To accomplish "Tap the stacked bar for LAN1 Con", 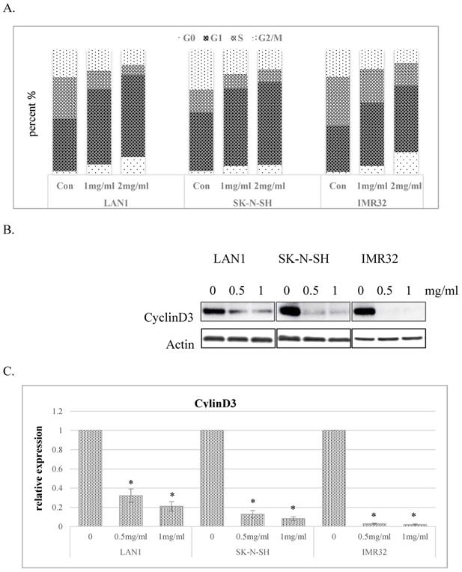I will (x=64, y=112).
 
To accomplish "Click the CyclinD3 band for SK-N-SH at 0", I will (x=290, y=310).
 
